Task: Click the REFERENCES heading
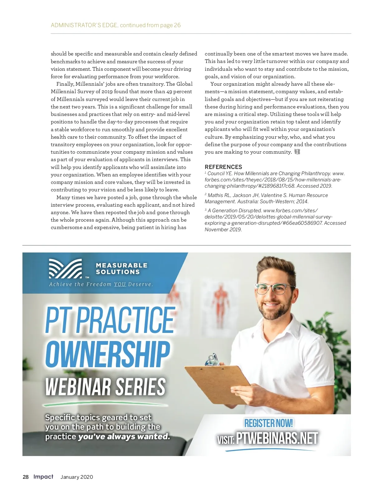pyautogui.click(x=223, y=167)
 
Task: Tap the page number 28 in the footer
pyautogui.click(x=26, y=477)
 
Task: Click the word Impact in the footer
pyautogui.click(x=43, y=477)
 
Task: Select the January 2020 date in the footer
pyautogui.click(x=77, y=477)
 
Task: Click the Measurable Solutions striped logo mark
pyautogui.click(x=65, y=268)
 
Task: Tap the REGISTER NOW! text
pyautogui.click(x=268, y=423)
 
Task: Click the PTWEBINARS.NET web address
pyautogui.click(x=277, y=438)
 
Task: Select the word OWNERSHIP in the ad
pyautogui.click(x=108, y=354)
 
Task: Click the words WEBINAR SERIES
pyautogui.click(x=105, y=387)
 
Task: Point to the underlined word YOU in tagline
pyautogui.click(x=120, y=284)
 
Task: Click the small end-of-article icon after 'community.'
pyautogui.click(x=297, y=152)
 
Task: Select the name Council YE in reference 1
pyautogui.click(x=220, y=174)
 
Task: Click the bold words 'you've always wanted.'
pyautogui.click(x=124, y=436)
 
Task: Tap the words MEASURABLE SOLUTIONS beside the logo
pyautogui.click(x=122, y=268)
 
